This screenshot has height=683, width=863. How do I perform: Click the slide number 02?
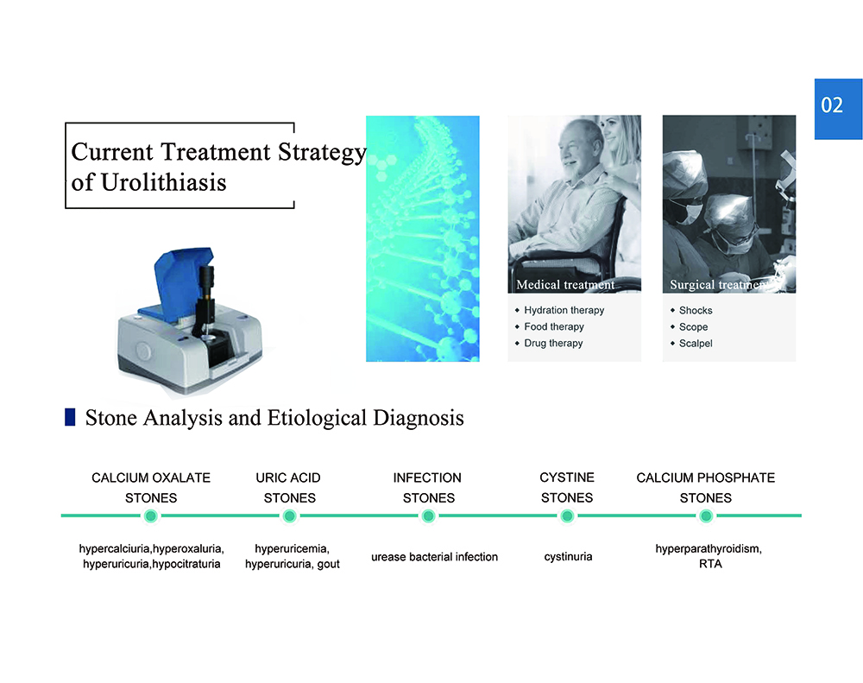pos(832,104)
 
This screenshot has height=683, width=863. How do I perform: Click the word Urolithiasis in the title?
pos(163,182)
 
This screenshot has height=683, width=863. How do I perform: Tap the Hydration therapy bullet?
pos(564,310)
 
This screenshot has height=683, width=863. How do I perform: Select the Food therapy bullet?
pos(554,326)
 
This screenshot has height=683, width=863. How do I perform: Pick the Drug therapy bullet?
pos(553,343)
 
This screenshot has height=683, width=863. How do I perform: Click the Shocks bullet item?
pos(696,311)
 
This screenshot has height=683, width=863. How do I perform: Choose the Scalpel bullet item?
pos(696,343)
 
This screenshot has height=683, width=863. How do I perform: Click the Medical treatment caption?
pos(565,285)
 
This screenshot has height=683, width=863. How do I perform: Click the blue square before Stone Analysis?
pos(70,417)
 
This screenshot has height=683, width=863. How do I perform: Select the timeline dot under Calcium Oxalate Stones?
pos(150,516)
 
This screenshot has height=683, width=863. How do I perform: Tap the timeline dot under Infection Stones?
pos(428,516)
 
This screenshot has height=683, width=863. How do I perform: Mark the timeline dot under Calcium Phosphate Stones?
pos(706,516)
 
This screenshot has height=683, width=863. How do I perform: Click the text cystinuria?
pos(568,557)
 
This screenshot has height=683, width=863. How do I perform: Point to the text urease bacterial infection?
pos(434,557)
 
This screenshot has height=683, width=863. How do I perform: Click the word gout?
pos(329,565)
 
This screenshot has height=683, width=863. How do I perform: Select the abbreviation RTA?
pos(710,564)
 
